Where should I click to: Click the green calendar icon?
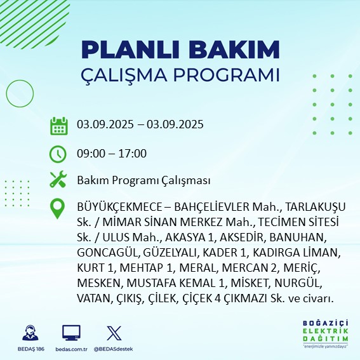[x=58, y=125]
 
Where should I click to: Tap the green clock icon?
[x=58, y=153]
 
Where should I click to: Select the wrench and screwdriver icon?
[x=58, y=180]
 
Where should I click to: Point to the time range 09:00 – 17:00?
[x=120, y=153]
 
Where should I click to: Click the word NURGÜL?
[x=299, y=283]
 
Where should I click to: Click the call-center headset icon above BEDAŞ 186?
[x=29, y=333]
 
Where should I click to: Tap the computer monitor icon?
[x=71, y=333]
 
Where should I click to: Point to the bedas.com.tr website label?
[x=71, y=349]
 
